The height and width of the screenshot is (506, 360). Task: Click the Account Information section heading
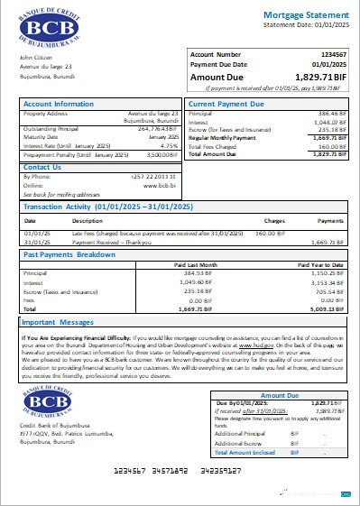[59, 104]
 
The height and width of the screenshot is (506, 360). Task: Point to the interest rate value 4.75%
[170, 144]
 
